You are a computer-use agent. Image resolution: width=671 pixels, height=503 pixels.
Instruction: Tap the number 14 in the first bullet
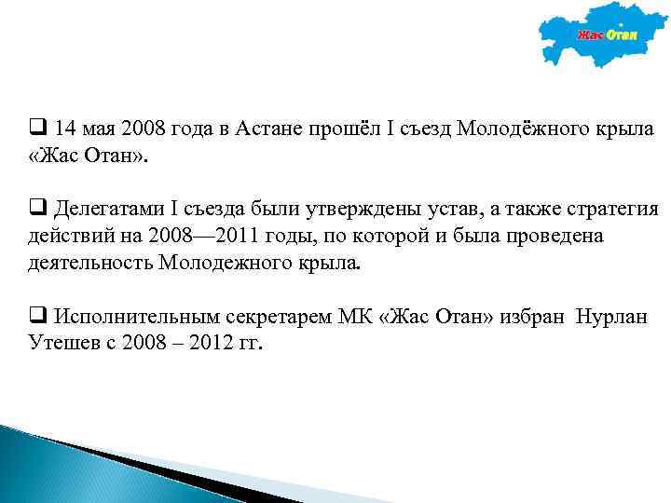pos(66,128)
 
